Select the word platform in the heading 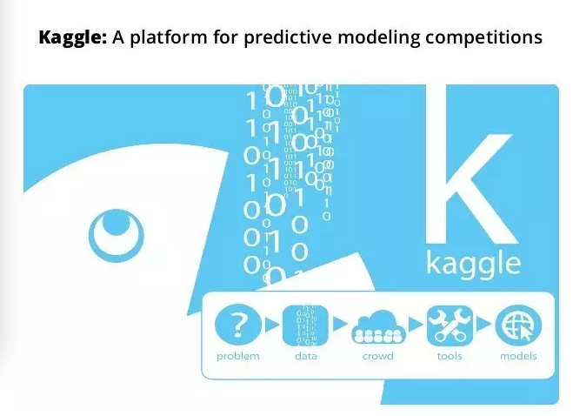tap(168, 37)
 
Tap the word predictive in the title tap(288, 37)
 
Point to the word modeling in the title tap(378, 37)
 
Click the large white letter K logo tap(471, 164)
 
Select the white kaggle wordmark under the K tap(474, 263)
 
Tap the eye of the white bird tap(117, 236)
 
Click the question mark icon tap(238, 325)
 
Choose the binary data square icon tap(305, 325)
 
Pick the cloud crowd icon tap(378, 326)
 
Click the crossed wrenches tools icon tap(450, 325)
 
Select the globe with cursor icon tap(518, 325)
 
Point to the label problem tap(238, 356)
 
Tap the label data tap(306, 356)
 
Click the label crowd tap(378, 356)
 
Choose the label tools tap(450, 356)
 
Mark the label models tap(518, 356)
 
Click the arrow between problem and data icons tap(271, 325)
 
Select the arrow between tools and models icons tap(483, 324)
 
